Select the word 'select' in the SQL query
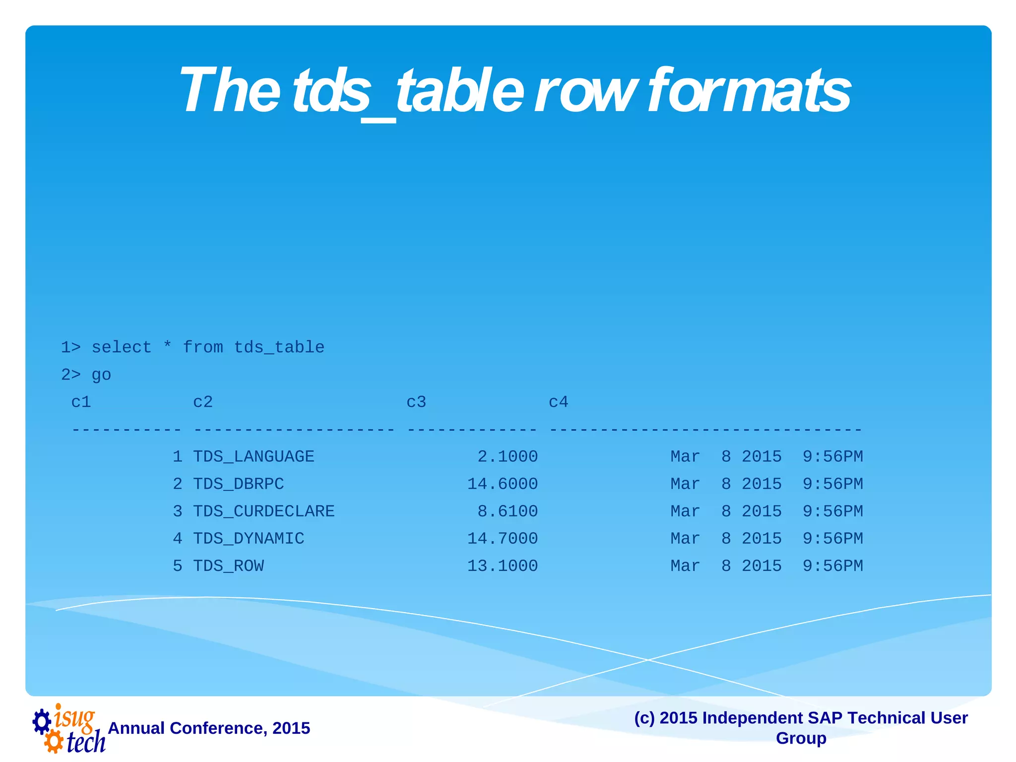coord(122,347)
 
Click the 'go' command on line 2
coord(101,375)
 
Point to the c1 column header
coord(81,402)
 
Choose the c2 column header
coord(203,402)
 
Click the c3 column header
coord(416,402)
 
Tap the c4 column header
coord(558,402)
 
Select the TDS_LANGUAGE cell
coord(254,456)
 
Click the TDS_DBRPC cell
coord(238,484)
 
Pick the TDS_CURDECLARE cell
coord(263,511)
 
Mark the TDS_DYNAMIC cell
coord(248,538)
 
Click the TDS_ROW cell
coord(228,566)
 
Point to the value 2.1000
coord(508,456)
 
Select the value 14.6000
coord(502,484)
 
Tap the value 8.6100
coord(508,511)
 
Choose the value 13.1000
coord(502,566)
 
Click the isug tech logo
coord(69,728)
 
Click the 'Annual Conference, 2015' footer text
coord(209,728)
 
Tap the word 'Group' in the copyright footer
coord(801,738)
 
